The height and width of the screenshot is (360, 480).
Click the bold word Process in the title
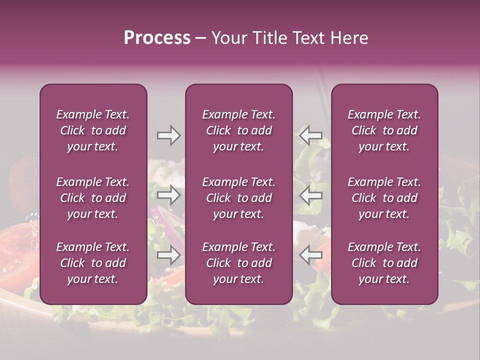pyautogui.click(x=157, y=37)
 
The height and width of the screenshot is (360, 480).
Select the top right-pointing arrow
pyautogui.click(x=169, y=135)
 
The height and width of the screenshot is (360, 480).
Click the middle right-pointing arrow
pyautogui.click(x=169, y=195)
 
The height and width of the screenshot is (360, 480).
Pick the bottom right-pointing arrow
pyautogui.click(x=169, y=255)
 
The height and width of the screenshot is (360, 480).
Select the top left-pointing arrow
pyautogui.click(x=310, y=135)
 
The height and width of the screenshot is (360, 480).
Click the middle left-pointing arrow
pyautogui.click(x=310, y=195)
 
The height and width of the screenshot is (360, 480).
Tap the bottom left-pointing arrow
pyautogui.click(x=310, y=255)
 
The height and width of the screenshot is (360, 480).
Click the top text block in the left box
pyautogui.click(x=93, y=130)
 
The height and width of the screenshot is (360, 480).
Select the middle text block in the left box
pyautogui.click(x=93, y=198)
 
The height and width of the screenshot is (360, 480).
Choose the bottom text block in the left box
pyautogui.click(x=93, y=263)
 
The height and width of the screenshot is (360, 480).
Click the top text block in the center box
pyautogui.click(x=238, y=130)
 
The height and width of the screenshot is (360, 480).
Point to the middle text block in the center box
pyautogui.click(x=238, y=198)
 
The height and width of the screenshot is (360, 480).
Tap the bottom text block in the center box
pyautogui.click(x=238, y=263)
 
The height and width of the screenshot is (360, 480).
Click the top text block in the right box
pyautogui.click(x=384, y=130)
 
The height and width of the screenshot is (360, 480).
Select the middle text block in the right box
pyautogui.click(x=384, y=198)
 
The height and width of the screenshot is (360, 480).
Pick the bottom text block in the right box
pyautogui.click(x=384, y=263)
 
